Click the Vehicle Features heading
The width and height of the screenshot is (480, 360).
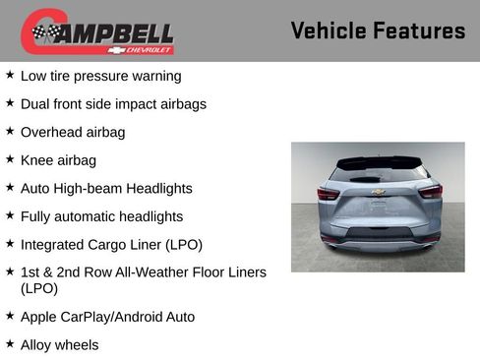[x=378, y=30]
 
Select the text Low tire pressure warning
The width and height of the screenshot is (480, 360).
[x=101, y=76]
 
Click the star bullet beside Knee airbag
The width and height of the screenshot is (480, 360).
[x=10, y=158]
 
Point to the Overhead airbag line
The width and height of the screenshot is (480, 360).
[x=73, y=132]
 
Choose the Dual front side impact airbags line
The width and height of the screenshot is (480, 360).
[x=113, y=103]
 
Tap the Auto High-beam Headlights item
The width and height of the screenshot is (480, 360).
[x=106, y=188]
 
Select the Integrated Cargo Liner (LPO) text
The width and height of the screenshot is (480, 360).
[x=111, y=244]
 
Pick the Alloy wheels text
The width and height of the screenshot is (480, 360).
[x=60, y=344]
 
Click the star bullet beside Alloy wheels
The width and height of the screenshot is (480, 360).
[x=10, y=343]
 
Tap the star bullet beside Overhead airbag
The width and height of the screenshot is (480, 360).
[x=10, y=131]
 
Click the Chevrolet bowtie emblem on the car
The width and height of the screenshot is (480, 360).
[x=378, y=193]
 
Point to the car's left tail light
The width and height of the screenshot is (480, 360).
[x=329, y=193]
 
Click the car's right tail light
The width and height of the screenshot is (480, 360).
[x=430, y=191]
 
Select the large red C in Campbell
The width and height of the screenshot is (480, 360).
[x=37, y=31]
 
